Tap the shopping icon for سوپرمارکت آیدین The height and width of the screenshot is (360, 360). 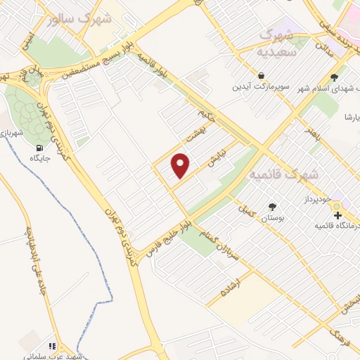tap(262, 75)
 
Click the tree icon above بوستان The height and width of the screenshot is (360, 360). tap(272, 207)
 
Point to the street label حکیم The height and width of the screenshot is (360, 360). tap(205, 111)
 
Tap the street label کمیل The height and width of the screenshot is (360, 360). tap(246, 210)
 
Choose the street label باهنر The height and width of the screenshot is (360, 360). tap(311, 134)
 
